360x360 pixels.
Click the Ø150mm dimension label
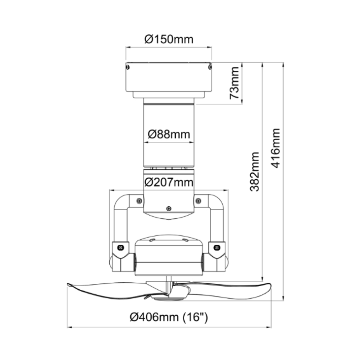[x=169, y=39]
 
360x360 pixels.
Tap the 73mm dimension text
[x=234, y=83]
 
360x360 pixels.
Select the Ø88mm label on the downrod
[x=169, y=134]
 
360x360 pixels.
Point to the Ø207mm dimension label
[x=169, y=182]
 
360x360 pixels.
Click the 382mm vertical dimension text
[x=255, y=172]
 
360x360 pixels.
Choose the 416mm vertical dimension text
[x=275, y=148]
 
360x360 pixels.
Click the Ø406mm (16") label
[x=169, y=317]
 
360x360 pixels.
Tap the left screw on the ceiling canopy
[x=128, y=67]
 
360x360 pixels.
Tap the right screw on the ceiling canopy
[x=210, y=67]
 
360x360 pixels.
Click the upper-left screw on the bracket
[x=139, y=201]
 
